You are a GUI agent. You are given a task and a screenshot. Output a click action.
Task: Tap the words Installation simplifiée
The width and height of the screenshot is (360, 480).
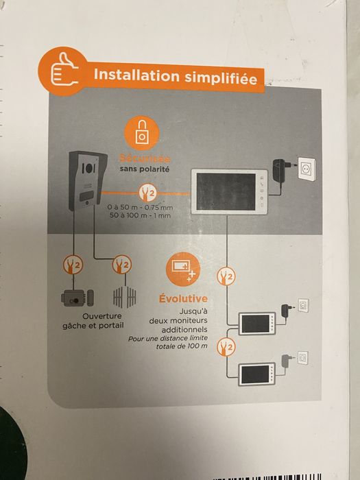[x=174, y=76]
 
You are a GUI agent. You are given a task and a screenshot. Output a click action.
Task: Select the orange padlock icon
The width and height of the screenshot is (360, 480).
[x=143, y=134]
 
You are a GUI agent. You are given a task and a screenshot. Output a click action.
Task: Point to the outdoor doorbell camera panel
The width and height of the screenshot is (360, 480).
[x=86, y=180]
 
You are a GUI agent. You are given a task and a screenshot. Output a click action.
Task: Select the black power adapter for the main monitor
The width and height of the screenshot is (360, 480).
[x=280, y=167]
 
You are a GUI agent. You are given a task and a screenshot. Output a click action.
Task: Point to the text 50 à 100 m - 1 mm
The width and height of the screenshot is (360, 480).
[x=140, y=215]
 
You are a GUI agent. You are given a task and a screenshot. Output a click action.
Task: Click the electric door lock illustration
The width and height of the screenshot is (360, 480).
[x=75, y=298]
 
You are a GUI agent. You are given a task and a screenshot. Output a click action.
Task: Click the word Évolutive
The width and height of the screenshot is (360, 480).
[x=183, y=299]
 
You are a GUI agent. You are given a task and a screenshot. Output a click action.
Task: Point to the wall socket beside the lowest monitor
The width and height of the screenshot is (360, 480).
[x=302, y=357]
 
